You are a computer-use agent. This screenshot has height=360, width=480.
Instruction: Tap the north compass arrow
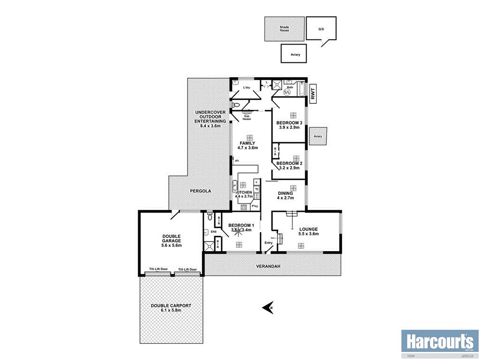pyautogui.click(x=268, y=308)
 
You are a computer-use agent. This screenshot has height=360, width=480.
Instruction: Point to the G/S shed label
pyautogui.click(x=321, y=29)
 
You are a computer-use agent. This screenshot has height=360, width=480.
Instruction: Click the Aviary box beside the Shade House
pyautogui.click(x=294, y=54)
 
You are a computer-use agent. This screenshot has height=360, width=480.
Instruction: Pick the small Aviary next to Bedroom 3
pyautogui.click(x=318, y=136)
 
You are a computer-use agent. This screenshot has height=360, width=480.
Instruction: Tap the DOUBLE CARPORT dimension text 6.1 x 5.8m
pyautogui.click(x=171, y=310)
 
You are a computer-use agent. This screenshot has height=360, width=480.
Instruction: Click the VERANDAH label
pyautogui.click(x=268, y=266)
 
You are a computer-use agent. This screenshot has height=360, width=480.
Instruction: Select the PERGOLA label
pyautogui.click(x=201, y=191)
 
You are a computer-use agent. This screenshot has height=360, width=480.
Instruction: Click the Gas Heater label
pyautogui.click(x=247, y=117)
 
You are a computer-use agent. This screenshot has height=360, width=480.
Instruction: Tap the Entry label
pyautogui.click(x=269, y=242)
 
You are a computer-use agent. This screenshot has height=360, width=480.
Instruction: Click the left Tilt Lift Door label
pyautogui.click(x=158, y=269)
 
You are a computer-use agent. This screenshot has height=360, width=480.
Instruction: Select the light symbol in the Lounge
pyautogui.click(x=300, y=245)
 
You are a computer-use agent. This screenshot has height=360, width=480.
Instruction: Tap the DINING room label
pyautogui.click(x=285, y=193)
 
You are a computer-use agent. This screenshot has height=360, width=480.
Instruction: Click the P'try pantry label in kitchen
pyautogui.click(x=255, y=206)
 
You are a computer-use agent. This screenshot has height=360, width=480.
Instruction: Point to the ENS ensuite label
pyautogui.click(x=214, y=232)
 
